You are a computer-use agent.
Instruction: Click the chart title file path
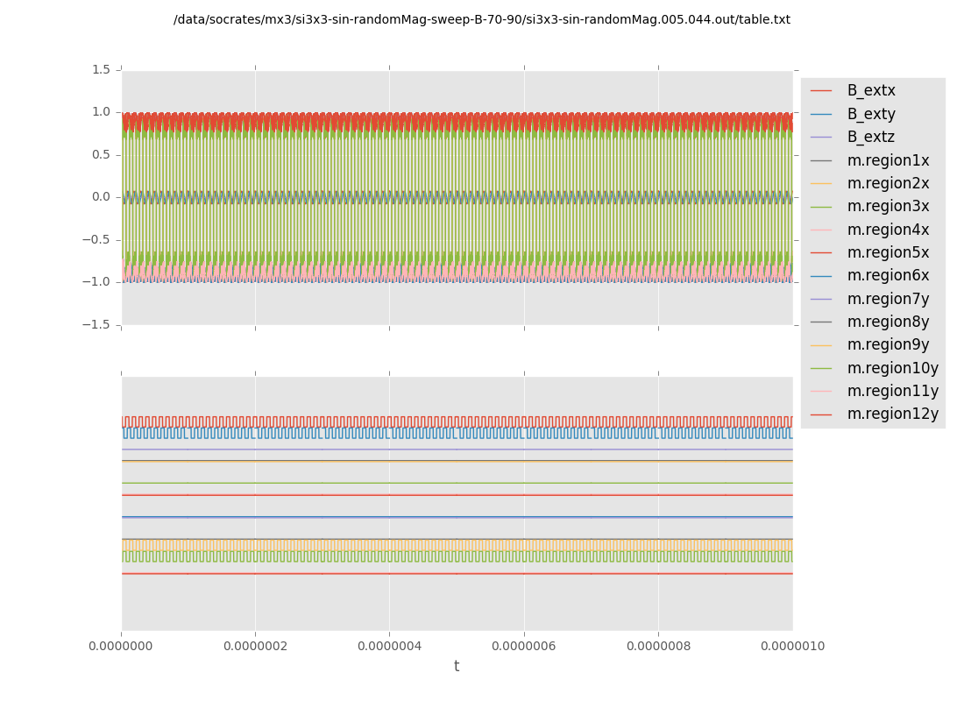pyautogui.click(x=481, y=19)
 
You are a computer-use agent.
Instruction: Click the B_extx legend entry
pyautogui.click(x=870, y=90)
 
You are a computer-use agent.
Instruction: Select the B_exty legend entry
pyautogui.click(x=870, y=114)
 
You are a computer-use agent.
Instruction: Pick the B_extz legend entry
pyautogui.click(x=870, y=137)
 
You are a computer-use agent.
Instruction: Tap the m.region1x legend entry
pyautogui.click(x=887, y=160)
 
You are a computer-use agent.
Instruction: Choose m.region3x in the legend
pyautogui.click(x=887, y=206)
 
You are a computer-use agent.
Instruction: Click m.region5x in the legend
pyautogui.click(x=887, y=252)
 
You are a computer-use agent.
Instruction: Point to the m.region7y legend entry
pyautogui.click(x=887, y=299)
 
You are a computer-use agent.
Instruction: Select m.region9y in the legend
pyautogui.click(x=887, y=344)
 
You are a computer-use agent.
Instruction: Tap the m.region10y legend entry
pyautogui.click(x=891, y=368)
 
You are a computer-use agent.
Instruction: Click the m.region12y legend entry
pyautogui.click(x=891, y=414)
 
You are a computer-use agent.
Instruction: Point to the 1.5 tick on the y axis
pyautogui.click(x=102, y=69)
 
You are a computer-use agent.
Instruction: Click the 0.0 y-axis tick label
pyautogui.click(x=102, y=197)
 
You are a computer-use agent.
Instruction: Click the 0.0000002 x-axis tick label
pyautogui.click(x=255, y=647)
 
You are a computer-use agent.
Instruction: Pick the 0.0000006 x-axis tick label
pyautogui.click(x=524, y=647)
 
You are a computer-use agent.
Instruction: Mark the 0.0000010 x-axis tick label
pyautogui.click(x=792, y=647)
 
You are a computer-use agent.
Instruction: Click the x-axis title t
pyautogui.click(x=457, y=667)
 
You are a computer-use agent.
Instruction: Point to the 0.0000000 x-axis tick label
pyautogui.click(x=122, y=647)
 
